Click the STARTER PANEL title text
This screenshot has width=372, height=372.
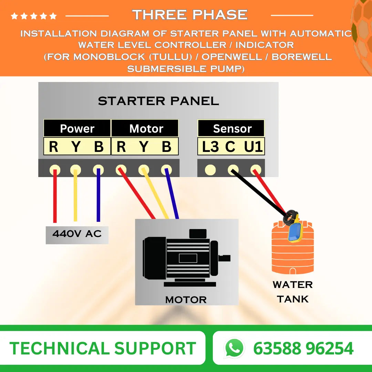tap(158, 101)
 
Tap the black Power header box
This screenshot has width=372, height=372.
tap(77, 128)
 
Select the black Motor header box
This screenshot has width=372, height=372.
tap(146, 128)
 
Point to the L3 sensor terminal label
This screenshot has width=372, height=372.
tap(210, 147)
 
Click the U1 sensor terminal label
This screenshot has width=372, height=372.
tap(254, 147)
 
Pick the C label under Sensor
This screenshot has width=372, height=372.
tap(230, 147)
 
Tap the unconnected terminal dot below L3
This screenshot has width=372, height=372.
tap(210, 170)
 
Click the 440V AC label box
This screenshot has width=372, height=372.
tap(77, 234)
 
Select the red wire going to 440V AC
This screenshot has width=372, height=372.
tap(55, 196)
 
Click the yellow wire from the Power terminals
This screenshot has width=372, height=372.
tap(75, 196)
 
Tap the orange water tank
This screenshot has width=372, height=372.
tap(293, 255)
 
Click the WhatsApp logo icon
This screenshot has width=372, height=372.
tap(235, 348)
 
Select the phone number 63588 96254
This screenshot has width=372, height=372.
tap(303, 348)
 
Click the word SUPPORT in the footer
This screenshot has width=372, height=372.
tap(155, 348)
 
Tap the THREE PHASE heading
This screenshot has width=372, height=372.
tap(190, 15)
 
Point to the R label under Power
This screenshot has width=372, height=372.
tap(53, 147)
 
